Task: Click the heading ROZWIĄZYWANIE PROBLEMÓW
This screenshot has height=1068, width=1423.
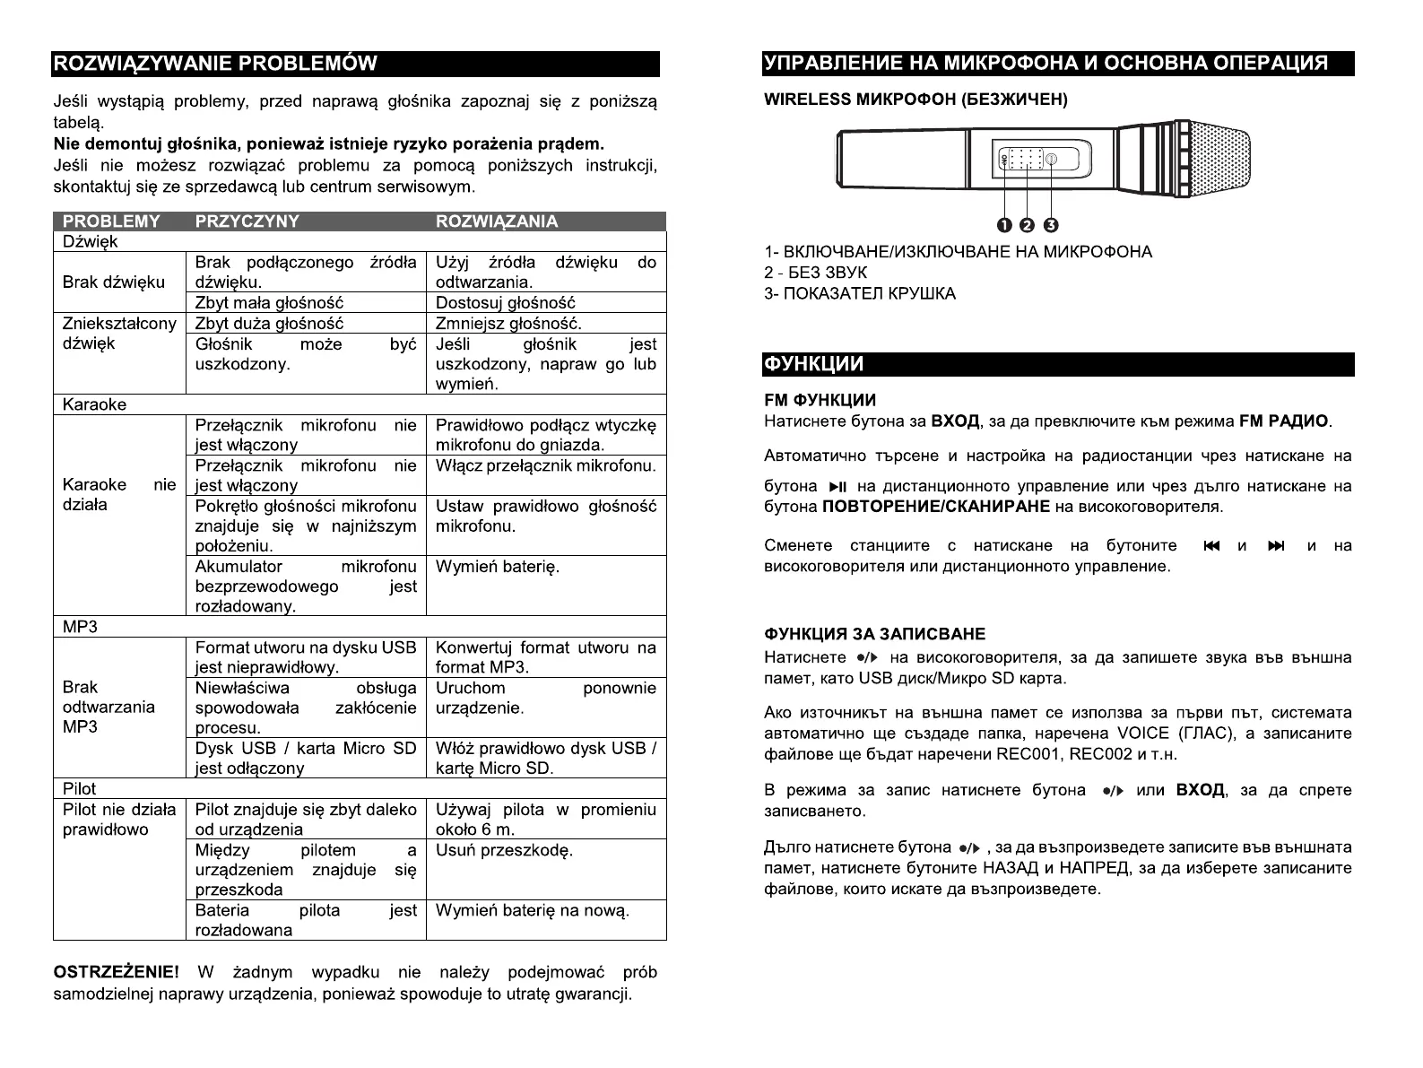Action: [215, 64]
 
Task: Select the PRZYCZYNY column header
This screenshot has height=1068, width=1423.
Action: [247, 221]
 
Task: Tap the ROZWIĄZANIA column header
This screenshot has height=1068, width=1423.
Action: [496, 221]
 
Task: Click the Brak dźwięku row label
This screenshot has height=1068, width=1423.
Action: [114, 282]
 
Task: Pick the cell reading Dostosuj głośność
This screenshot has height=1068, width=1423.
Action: [505, 303]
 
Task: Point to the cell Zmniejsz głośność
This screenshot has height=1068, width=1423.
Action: [508, 324]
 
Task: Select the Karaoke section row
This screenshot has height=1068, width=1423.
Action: [94, 404]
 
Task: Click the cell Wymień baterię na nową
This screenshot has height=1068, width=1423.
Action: [533, 911]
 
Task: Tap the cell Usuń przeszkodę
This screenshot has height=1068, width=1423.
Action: [504, 850]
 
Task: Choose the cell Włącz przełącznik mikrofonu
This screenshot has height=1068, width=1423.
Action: [545, 466]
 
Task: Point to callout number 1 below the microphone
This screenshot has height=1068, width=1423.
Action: [1004, 224]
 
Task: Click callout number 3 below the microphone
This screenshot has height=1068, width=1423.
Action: [1051, 224]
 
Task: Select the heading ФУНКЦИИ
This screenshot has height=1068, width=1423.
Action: [813, 365]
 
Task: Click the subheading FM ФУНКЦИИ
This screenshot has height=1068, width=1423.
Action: [820, 400]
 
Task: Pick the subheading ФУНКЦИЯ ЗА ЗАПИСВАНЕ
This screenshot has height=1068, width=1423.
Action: [874, 634]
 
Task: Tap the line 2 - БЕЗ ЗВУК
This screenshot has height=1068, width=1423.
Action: [815, 273]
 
